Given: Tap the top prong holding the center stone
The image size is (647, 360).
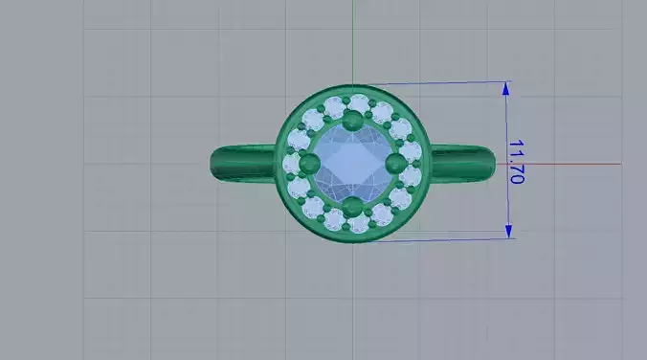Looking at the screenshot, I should coord(352,119).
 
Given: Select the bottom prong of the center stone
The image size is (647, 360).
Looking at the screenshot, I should coord(352,205).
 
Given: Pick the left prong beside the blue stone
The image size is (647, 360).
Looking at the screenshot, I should coord(308,164).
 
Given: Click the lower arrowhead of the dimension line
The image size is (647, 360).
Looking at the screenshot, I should coord(508,231).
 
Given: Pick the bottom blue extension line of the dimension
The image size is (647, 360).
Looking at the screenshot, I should coord(440,239).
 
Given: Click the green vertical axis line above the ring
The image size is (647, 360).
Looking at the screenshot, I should coord(352,38).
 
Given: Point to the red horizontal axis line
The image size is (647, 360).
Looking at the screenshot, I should coord(574,163).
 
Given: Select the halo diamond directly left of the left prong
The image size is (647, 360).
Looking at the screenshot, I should coord(291,164).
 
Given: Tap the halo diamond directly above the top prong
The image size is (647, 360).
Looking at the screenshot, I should coord(358,102).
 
